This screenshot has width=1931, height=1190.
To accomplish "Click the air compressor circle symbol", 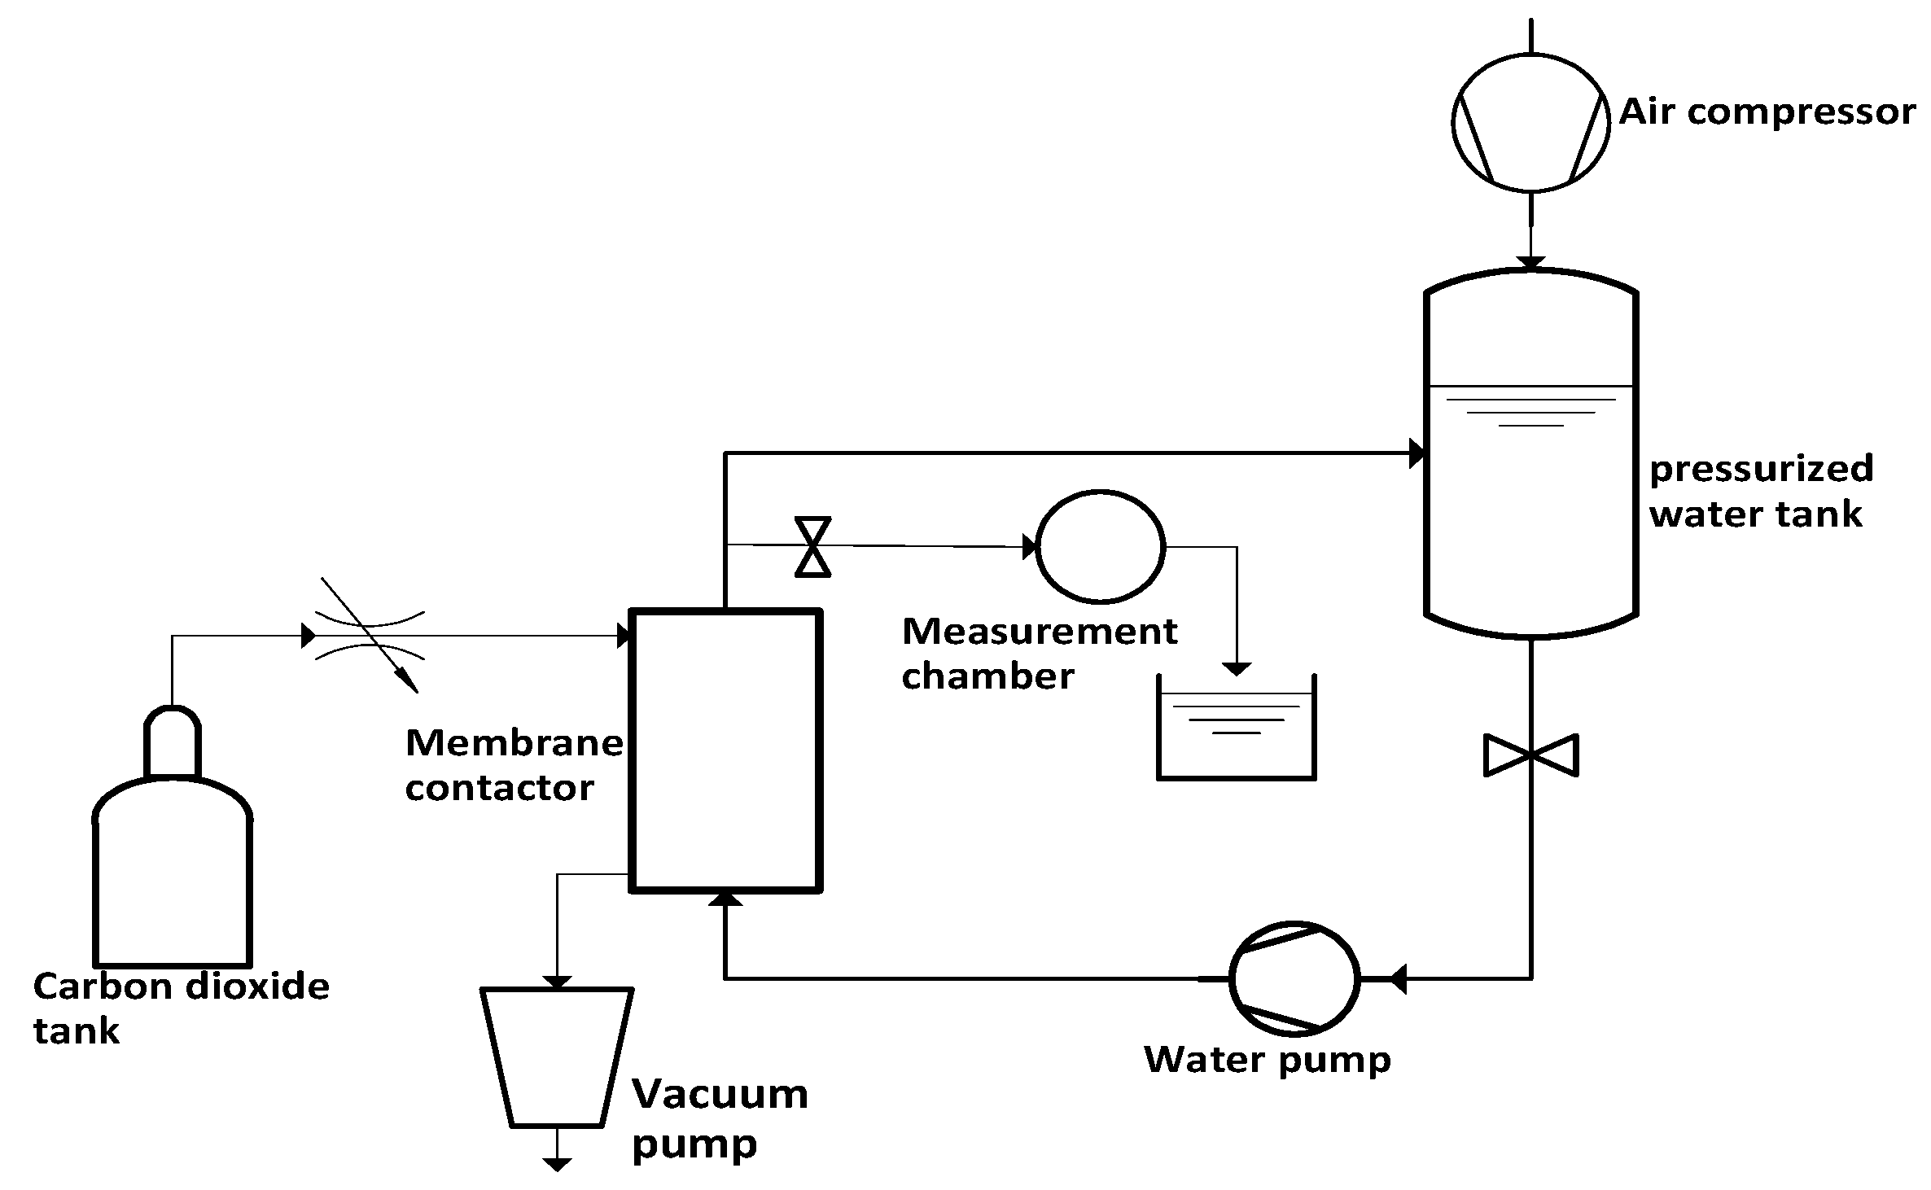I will pyautogui.click(x=1530, y=123).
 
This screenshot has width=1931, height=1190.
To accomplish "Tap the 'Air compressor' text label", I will pyautogui.click(x=1767, y=112).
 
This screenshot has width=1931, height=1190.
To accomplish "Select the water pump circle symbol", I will pyautogui.click(x=1294, y=978).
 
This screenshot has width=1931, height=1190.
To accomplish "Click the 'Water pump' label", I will pyautogui.click(x=1267, y=1060).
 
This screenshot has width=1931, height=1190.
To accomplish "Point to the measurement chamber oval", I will pyautogui.click(x=1100, y=547).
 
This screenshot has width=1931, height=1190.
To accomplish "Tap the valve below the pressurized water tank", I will pyautogui.click(x=1530, y=755).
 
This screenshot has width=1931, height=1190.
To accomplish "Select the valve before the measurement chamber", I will pyautogui.click(x=812, y=546).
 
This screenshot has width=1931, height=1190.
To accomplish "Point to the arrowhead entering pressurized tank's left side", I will pyautogui.click(x=1417, y=453).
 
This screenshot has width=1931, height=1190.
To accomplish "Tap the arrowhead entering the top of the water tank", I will pyautogui.click(x=1530, y=264).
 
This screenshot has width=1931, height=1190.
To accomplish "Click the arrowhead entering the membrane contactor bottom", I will pyautogui.click(x=725, y=898).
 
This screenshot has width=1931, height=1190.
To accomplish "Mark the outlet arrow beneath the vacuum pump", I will pyautogui.click(x=557, y=1164).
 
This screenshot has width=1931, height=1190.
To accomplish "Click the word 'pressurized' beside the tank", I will pyautogui.click(x=1761, y=470).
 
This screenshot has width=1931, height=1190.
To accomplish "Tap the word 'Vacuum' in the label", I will pyautogui.click(x=720, y=1094).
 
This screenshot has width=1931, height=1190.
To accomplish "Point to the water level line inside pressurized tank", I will pyautogui.click(x=1530, y=386).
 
